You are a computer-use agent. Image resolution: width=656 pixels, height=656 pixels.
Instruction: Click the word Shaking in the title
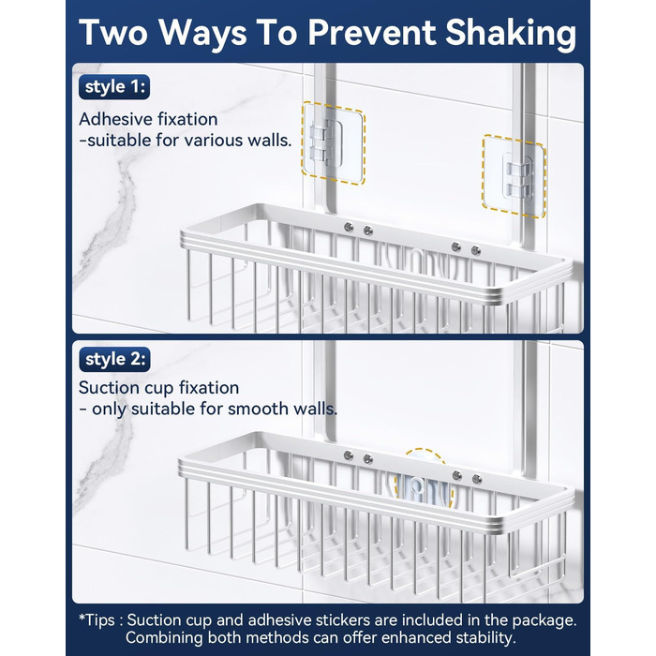point(511,34)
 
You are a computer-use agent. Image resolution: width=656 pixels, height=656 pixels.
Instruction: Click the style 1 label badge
point(114,87)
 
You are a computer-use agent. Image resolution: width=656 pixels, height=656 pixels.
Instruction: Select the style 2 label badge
point(114,359)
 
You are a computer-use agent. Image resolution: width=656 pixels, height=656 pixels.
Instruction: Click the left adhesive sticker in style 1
point(334,143)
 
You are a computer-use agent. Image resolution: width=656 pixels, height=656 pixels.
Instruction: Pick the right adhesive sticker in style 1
point(514,176)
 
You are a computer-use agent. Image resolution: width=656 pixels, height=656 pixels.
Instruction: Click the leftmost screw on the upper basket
point(348,227)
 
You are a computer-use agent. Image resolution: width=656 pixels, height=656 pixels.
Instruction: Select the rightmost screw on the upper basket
point(476,250)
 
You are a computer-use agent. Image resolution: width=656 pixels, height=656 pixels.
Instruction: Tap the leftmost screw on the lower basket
point(348,455)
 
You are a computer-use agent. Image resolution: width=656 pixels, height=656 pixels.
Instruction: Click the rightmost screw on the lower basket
point(476,479)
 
